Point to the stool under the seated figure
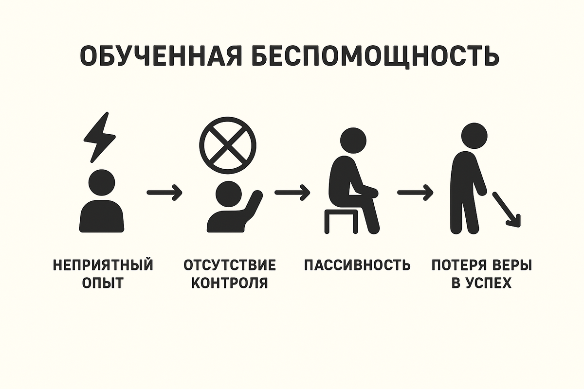341,221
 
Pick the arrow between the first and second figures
164,193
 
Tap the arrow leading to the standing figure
415,193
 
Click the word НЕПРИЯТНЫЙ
103,265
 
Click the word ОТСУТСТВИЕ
230,265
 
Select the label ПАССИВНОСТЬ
357,265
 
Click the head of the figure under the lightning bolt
101,182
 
